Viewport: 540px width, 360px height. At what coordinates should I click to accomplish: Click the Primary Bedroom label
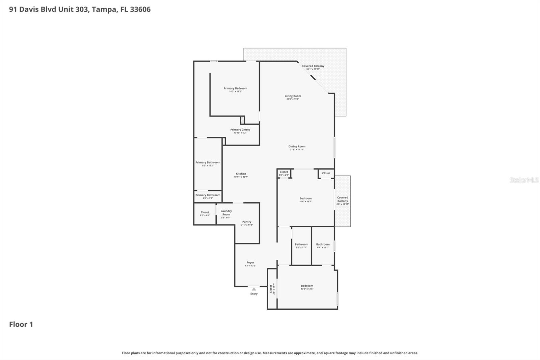[x=235, y=88]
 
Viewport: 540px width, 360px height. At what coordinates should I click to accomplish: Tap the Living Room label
[x=293, y=96]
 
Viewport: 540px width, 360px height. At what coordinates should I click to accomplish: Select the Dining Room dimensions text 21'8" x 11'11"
[x=297, y=150]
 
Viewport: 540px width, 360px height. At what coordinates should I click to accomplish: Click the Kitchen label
[x=241, y=174]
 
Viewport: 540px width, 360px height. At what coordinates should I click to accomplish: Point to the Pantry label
[x=247, y=222]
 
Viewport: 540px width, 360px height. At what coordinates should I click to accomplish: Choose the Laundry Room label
[x=226, y=213]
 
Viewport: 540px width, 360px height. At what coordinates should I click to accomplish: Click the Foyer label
[x=250, y=262]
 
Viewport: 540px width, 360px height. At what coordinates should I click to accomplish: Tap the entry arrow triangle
[x=254, y=289]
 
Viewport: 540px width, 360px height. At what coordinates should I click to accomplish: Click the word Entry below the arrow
[x=254, y=294]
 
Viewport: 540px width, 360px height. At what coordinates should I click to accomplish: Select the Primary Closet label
[x=240, y=130]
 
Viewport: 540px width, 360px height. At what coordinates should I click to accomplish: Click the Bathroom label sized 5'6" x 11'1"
[x=301, y=244]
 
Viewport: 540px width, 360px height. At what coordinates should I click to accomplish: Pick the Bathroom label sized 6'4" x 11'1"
[x=323, y=244]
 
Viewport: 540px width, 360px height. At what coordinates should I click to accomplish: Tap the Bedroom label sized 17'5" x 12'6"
[x=307, y=286]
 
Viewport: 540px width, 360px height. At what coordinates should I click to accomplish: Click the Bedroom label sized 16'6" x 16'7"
[x=305, y=199]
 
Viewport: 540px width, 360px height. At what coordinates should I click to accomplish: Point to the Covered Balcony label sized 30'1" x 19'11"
[x=313, y=66]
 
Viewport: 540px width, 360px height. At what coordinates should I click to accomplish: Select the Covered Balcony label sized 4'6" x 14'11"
[x=343, y=199]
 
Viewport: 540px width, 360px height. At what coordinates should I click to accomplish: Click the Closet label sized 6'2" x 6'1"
[x=205, y=212]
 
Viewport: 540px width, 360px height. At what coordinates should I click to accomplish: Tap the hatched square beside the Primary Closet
[x=242, y=120]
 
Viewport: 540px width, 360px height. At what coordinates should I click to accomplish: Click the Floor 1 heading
[x=21, y=325]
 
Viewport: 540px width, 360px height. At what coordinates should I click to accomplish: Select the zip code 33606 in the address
[x=140, y=9]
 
